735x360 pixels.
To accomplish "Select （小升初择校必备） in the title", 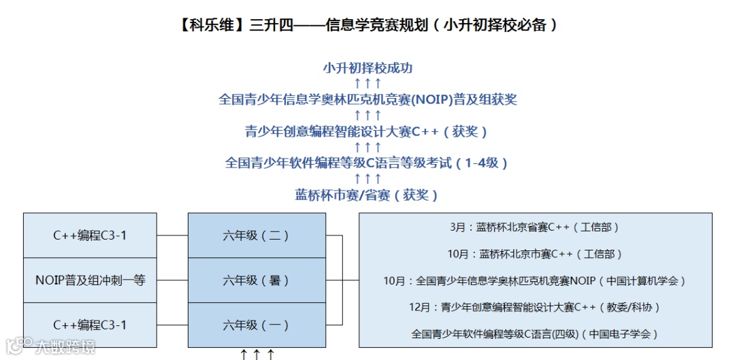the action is tap(500, 26).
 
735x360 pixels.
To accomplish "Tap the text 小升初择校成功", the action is tap(367, 68).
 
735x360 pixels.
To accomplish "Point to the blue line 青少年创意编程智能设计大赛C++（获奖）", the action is tap(367, 131).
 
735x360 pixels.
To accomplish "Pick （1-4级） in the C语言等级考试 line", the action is tap(483, 163).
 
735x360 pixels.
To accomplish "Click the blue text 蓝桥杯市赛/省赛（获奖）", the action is tap(367, 195).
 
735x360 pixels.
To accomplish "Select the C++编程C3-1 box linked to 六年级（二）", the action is tap(91, 235).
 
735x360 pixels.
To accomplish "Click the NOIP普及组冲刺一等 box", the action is tap(91, 280).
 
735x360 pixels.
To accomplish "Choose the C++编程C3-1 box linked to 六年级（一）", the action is tap(91, 325).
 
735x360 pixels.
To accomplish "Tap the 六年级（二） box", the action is tap(256, 235).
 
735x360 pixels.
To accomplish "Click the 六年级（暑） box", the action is tap(256, 280).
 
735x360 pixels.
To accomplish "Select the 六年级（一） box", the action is tap(256, 325).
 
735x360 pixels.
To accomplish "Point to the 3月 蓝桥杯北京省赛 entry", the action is tap(535, 227).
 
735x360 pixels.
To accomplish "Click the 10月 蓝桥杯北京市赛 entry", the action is tap(535, 254).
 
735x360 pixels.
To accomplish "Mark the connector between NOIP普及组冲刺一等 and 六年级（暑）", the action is tap(172, 280).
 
